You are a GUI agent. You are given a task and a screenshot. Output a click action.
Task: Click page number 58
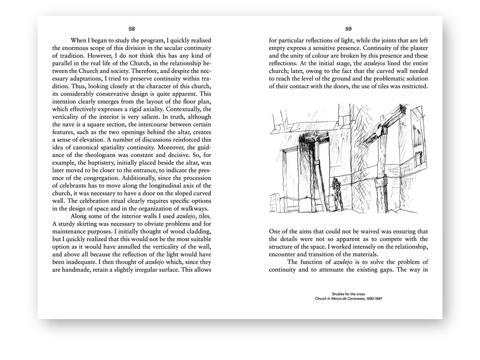tap(132, 28)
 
